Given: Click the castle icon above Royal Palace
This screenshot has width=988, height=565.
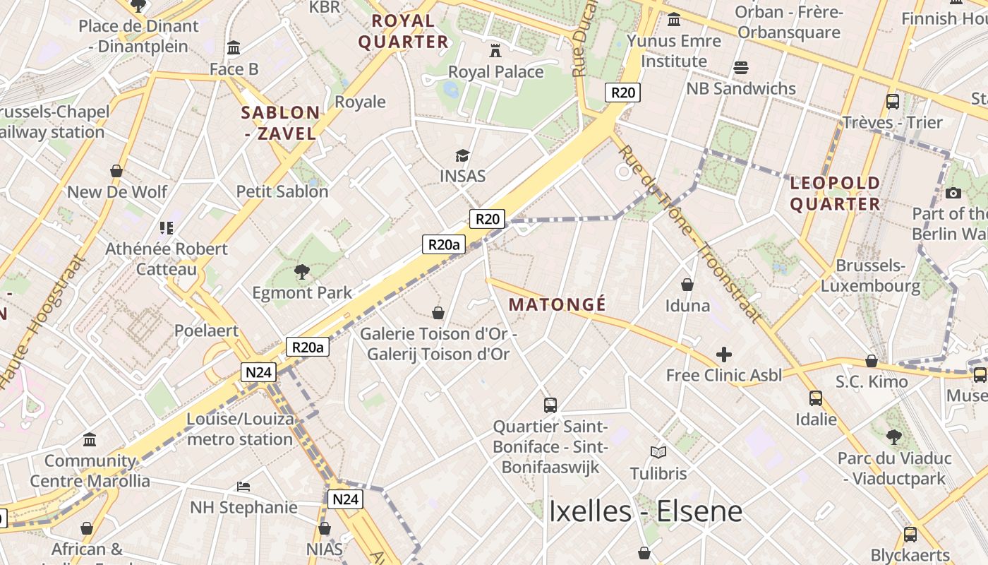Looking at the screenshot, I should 495,51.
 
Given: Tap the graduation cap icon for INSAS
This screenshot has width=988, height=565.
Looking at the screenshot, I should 462,155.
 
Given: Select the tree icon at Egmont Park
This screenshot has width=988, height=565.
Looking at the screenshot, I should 302,271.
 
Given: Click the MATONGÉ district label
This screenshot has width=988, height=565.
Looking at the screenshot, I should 557,304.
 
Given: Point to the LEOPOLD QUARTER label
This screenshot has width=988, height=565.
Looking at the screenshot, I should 835,194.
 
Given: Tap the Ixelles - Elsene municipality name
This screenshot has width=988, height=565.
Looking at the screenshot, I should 645,511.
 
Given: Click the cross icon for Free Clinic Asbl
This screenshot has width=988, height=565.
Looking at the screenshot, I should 724,355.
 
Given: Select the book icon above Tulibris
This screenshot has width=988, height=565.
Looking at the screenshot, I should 658,452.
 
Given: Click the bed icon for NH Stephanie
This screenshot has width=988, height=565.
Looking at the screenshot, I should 243,487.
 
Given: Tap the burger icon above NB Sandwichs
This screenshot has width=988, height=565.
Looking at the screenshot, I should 741,68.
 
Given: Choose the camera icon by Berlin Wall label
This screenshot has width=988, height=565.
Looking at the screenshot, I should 953,193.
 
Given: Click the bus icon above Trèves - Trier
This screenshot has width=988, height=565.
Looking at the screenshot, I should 893,102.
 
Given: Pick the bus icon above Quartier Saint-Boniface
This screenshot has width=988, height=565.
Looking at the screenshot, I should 550,405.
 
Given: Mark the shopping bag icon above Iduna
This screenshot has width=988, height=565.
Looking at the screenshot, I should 687,285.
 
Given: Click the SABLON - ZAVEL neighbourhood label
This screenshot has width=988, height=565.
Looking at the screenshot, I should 281,122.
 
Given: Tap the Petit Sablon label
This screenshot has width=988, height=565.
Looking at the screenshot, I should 282,191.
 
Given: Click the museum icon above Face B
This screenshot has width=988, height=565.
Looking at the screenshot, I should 234,48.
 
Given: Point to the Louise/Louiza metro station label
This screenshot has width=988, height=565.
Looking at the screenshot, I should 240,429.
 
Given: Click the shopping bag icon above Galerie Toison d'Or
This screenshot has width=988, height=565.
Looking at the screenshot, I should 438,313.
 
